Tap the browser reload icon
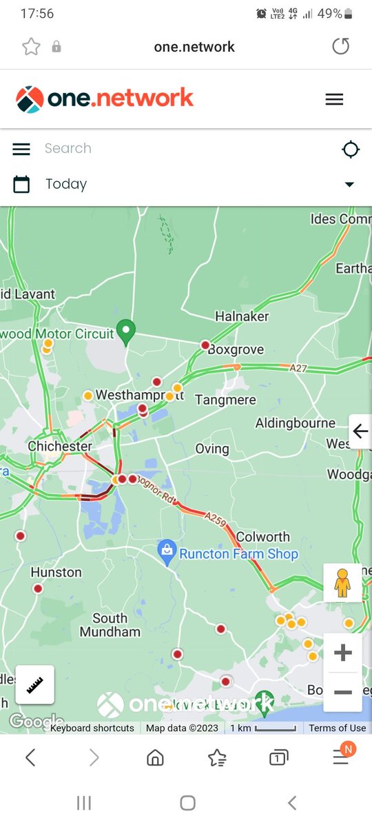(341, 46)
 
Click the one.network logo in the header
(105, 99)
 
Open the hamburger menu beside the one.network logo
(334, 99)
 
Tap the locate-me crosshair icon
(351, 149)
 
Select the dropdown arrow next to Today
(349, 185)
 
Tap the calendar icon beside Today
(21, 184)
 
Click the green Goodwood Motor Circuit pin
(125, 332)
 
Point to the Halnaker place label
(242, 316)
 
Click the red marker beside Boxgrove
(205, 345)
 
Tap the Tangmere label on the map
(225, 400)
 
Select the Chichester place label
(60, 446)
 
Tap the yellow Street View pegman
(342, 583)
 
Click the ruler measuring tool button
(35, 684)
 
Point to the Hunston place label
(56, 572)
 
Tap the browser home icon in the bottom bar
(155, 758)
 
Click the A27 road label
(298, 369)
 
